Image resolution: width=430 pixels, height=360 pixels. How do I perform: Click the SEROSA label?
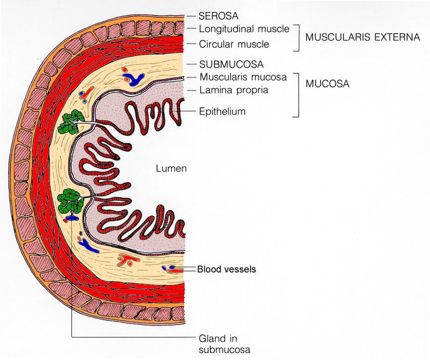[x=219, y=16]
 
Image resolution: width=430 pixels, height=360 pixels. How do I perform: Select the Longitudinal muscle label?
[x=244, y=29]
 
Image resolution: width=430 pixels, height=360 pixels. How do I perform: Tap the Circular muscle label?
[x=234, y=44]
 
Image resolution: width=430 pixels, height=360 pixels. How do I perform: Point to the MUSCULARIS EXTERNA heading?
[x=363, y=37]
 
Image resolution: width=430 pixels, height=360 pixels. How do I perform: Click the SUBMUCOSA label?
[x=231, y=64]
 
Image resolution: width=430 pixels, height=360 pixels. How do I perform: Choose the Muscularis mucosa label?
[x=243, y=77]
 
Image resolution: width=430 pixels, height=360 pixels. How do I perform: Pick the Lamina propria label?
[x=234, y=90]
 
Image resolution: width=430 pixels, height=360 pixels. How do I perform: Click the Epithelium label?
[x=222, y=112]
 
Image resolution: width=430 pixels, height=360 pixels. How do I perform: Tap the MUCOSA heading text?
[x=327, y=83]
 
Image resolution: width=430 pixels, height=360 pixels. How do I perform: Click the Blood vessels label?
[x=227, y=269]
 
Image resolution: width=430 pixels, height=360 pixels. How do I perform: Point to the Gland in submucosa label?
[x=224, y=344]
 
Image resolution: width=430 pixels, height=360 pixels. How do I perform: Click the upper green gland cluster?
[x=71, y=122]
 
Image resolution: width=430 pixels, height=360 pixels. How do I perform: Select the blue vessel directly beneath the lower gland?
[x=72, y=218]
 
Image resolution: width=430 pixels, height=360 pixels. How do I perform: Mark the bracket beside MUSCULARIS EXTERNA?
[x=296, y=38]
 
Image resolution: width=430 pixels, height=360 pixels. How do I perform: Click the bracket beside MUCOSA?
[x=296, y=95]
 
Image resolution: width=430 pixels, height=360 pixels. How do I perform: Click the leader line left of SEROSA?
[x=191, y=16]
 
